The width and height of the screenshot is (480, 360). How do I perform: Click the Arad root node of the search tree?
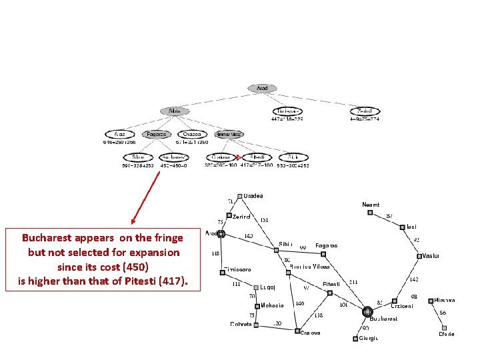pyautogui.click(x=262, y=88)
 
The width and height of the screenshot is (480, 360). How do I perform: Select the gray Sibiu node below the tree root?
pyautogui.click(x=175, y=111)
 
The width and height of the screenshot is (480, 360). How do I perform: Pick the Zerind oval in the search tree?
pyautogui.click(x=365, y=111)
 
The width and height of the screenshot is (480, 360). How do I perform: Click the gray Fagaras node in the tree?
pyautogui.click(x=157, y=134)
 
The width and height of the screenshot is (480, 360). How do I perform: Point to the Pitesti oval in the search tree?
pyautogui.click(x=257, y=157)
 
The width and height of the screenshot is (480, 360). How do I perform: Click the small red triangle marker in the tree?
pyautogui.click(x=238, y=157)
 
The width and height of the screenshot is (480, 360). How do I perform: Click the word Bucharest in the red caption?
pyautogui.click(x=47, y=237)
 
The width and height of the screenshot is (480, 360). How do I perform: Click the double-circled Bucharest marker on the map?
pyautogui.click(x=367, y=311)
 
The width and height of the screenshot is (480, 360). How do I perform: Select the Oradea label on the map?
pyautogui.click(x=253, y=196)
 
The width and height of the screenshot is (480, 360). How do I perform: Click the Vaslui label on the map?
pyautogui.click(x=431, y=256)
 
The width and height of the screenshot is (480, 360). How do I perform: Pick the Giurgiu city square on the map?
pyautogui.click(x=354, y=338)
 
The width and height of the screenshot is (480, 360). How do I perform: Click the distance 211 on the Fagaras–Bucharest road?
pyautogui.click(x=353, y=281)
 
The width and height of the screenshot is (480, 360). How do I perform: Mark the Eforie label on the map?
pyautogui.click(x=447, y=334)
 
